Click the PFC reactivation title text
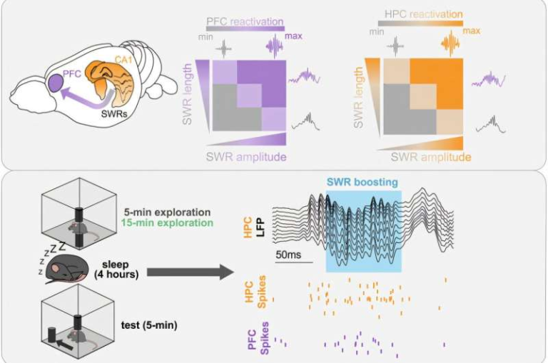(x=244, y=21)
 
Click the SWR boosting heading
(x=362, y=182)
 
